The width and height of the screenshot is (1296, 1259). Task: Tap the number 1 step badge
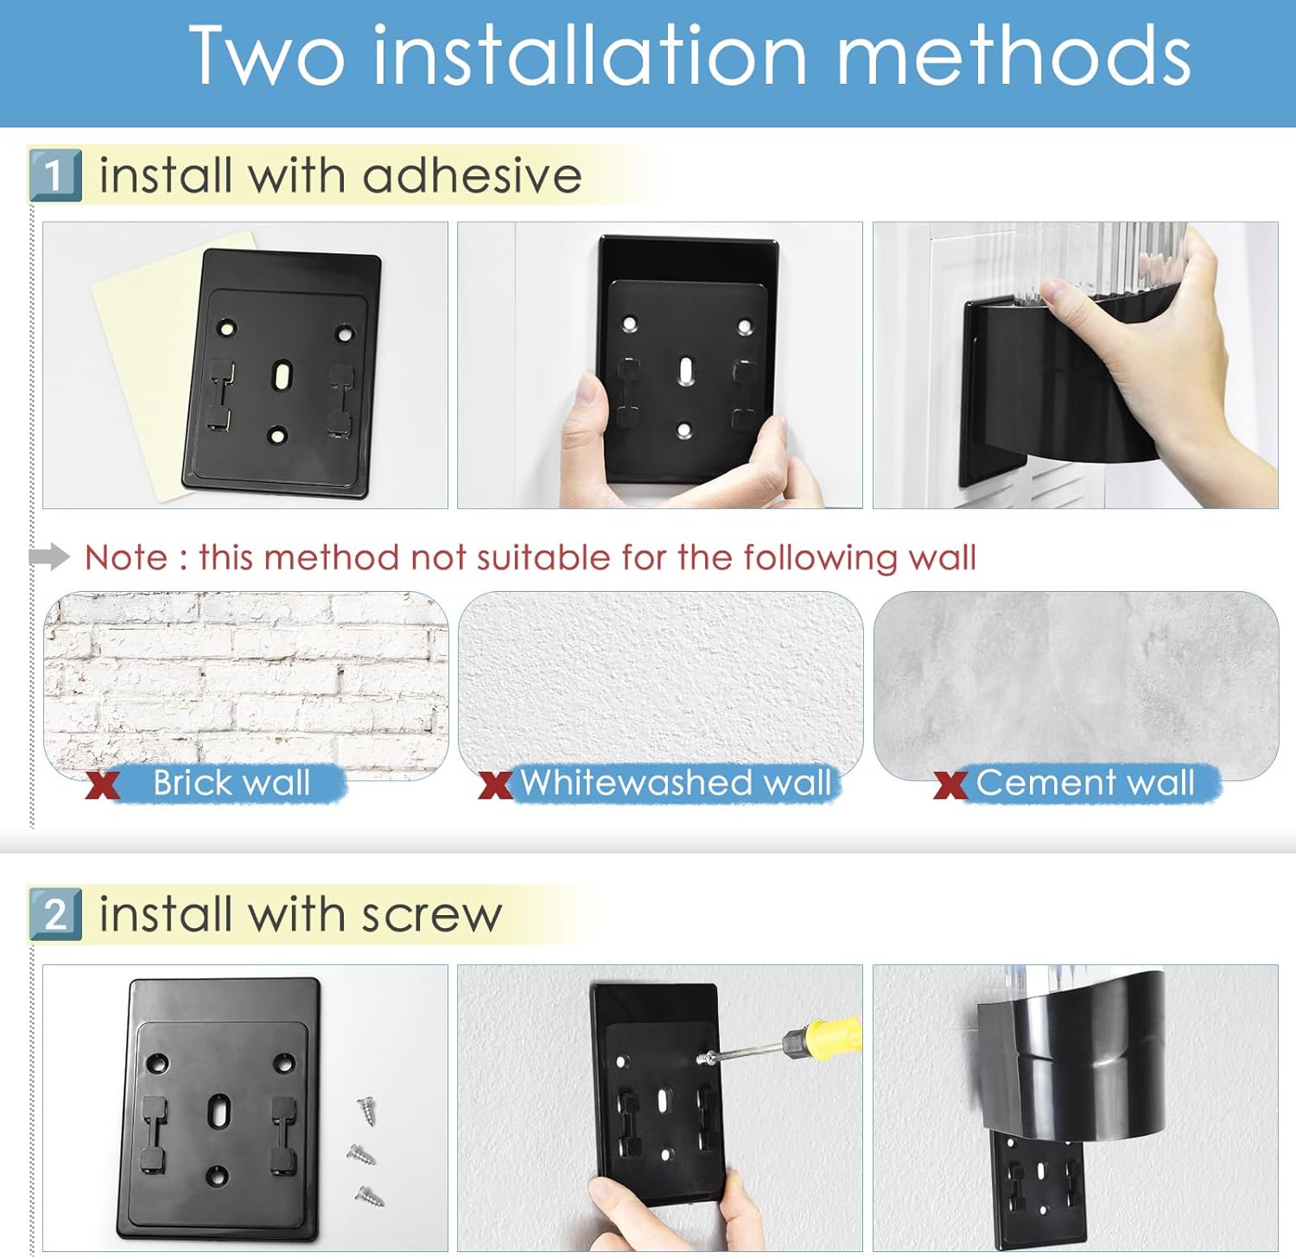point(55,175)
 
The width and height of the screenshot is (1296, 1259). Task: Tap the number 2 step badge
point(55,914)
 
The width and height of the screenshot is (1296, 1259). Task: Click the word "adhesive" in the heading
point(472,175)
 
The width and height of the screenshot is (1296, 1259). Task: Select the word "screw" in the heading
point(431,915)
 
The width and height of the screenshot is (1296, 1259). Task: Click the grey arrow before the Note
point(49,557)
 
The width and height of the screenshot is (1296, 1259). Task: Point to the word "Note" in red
point(126,557)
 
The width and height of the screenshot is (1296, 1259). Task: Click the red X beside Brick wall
point(102,785)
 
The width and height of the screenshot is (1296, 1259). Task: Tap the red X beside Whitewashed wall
point(495,785)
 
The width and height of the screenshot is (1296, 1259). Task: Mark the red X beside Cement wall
point(950,785)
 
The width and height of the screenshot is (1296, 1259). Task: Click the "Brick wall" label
point(232,783)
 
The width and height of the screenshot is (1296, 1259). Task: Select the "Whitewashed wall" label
point(676,783)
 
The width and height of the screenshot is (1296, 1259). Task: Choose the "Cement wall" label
point(1085,783)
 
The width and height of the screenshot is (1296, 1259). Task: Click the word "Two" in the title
point(267,56)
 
